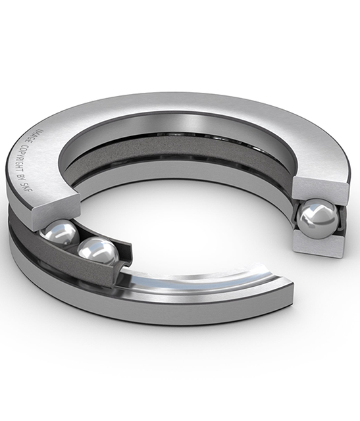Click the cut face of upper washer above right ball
point(321,187)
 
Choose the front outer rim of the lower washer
point(165,316)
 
